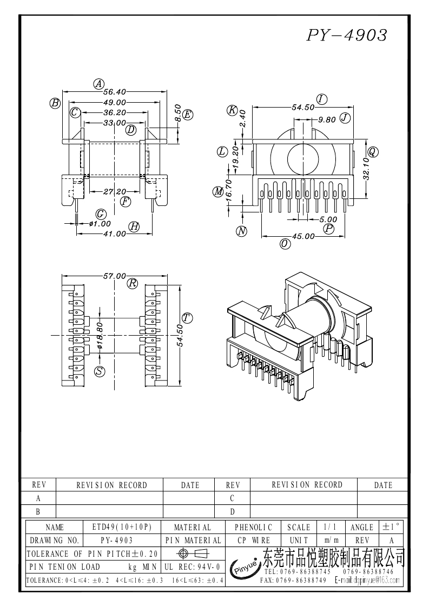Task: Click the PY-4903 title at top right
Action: (347, 36)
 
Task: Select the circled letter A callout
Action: (98, 84)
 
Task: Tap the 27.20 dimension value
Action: (114, 192)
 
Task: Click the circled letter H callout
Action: (134, 227)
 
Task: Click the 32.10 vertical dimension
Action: (366, 168)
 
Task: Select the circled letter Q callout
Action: (373, 151)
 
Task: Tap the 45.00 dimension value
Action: (303, 236)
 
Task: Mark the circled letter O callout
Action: (285, 244)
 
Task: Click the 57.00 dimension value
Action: (115, 276)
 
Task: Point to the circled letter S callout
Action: (100, 371)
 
